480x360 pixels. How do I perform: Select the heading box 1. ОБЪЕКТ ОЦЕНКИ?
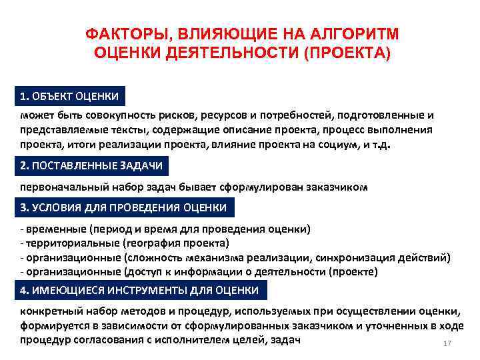point(69,97)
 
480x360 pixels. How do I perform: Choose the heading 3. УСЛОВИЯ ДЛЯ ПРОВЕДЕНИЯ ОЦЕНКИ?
point(123,207)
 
